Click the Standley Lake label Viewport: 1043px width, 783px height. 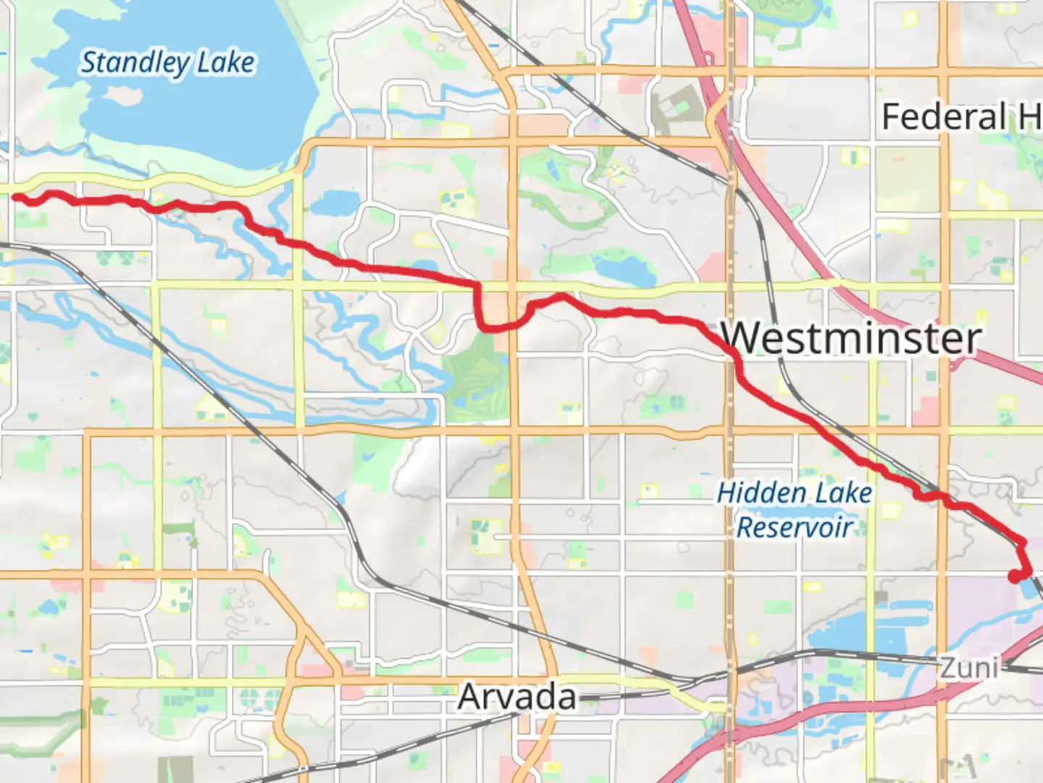167,63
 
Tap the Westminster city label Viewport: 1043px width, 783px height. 851,339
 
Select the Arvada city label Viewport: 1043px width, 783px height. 517,697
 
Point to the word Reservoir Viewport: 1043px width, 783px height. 795,527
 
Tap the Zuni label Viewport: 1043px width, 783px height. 969,667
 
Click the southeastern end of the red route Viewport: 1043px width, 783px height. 1015,576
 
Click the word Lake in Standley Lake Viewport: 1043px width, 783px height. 226,63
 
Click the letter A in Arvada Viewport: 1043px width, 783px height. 472,697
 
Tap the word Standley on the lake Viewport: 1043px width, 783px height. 134,63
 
